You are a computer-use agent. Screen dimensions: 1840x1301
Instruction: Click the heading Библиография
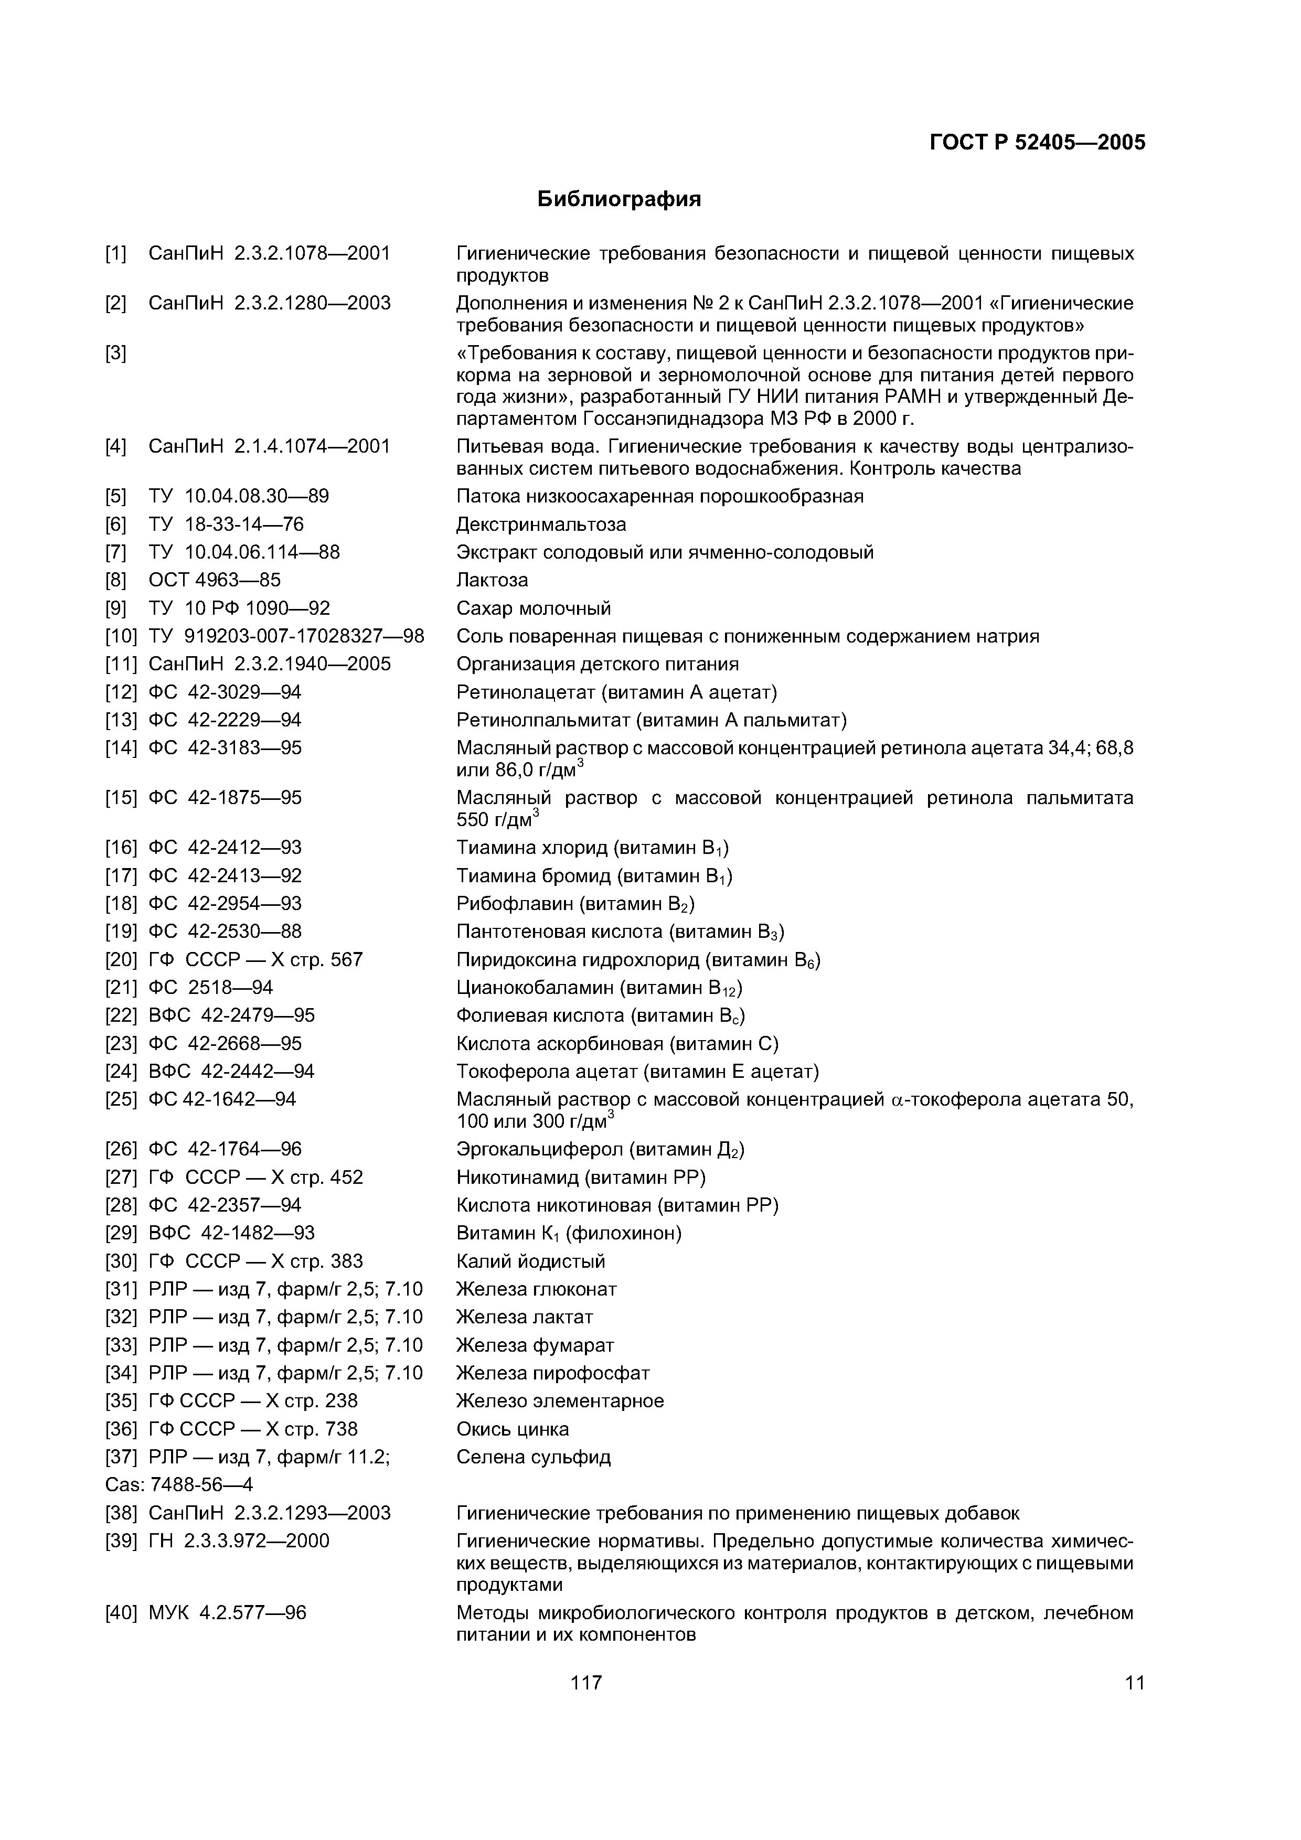(x=619, y=199)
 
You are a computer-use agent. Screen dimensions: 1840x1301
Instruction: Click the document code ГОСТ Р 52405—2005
(x=1037, y=143)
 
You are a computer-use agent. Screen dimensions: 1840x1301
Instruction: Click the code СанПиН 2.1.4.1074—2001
(x=269, y=446)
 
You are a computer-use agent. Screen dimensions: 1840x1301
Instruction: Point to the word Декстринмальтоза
(x=541, y=524)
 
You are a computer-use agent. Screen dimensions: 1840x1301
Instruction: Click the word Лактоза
(x=492, y=580)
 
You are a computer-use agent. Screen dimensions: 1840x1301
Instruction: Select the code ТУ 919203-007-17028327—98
(x=286, y=636)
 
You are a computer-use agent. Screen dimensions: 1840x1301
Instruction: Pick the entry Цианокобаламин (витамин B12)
(x=599, y=987)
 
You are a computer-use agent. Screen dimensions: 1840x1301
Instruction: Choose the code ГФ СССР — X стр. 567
(x=255, y=959)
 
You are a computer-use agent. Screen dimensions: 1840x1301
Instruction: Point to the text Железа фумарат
(x=535, y=1345)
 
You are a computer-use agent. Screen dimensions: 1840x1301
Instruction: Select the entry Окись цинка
(x=512, y=1429)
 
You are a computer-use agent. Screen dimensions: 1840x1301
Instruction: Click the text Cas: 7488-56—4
(x=179, y=1485)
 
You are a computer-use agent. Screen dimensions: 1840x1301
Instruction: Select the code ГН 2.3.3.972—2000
(x=239, y=1541)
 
